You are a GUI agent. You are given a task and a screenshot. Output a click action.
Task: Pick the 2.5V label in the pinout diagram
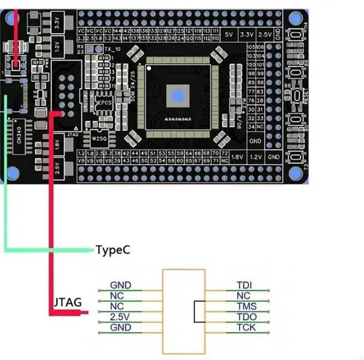pos(120,317)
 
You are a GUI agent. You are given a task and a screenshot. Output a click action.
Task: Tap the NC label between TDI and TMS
pos(243,296)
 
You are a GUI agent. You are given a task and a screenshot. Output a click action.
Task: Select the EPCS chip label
pos(104,103)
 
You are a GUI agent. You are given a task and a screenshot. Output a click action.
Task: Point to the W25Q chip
pos(100,137)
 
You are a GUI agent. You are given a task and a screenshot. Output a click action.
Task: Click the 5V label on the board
pos(229,35)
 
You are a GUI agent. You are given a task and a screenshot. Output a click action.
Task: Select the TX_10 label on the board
pos(112,49)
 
